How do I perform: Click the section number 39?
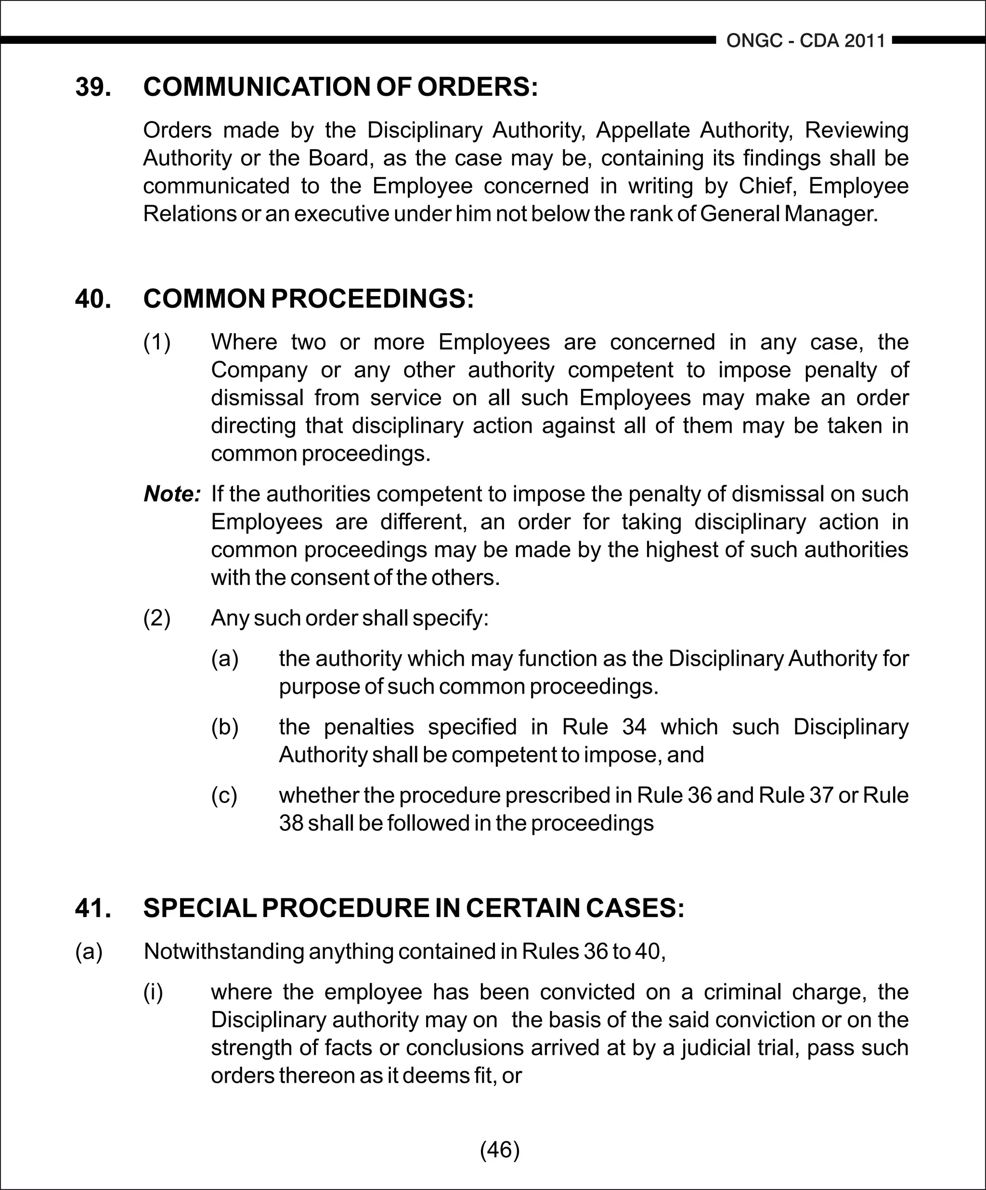coord(93,87)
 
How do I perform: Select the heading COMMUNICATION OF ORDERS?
coord(340,87)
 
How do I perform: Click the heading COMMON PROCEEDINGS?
coord(308,298)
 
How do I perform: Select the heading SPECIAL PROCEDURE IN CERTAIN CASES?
coord(414,908)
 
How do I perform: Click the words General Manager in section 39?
coord(788,214)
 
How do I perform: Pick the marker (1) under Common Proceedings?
coord(157,342)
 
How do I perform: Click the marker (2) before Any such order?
coord(157,618)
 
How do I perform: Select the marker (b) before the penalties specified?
coord(225,727)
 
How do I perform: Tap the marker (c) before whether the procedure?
coord(224,796)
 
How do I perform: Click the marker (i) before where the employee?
coord(153,992)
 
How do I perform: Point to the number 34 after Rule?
coord(634,727)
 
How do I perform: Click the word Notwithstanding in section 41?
coord(224,951)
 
